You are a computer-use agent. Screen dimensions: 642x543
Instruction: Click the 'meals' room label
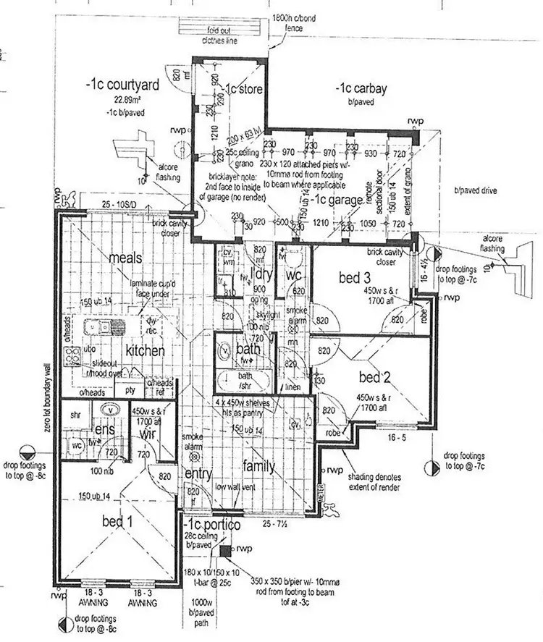(125, 258)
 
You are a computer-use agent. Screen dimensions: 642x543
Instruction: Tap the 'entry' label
(198, 473)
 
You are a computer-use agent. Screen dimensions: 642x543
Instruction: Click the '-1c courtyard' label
(121, 85)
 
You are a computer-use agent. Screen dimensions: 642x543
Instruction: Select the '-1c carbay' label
(361, 90)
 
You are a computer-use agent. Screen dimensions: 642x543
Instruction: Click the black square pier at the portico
(225, 550)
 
